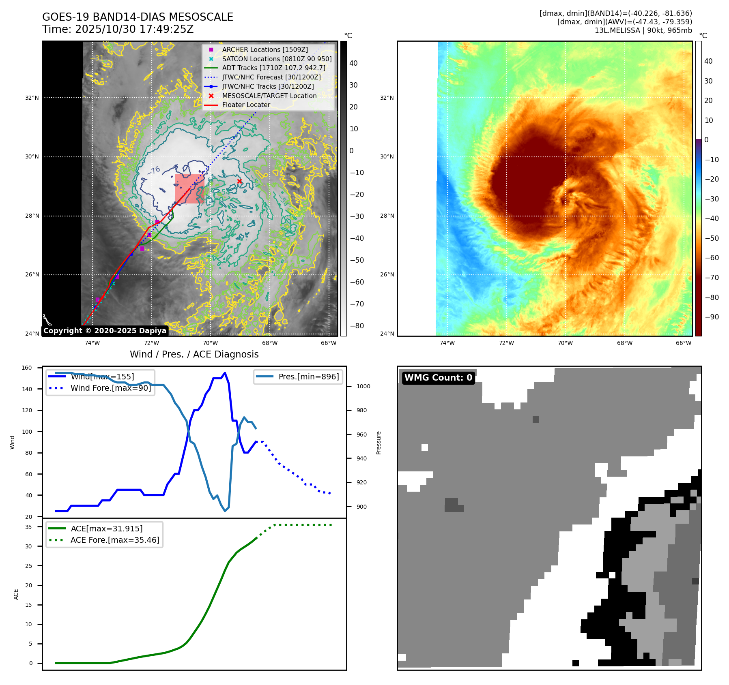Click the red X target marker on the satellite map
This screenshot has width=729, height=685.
point(239,181)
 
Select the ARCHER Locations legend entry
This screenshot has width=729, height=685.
point(265,49)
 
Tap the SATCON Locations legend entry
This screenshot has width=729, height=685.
point(277,59)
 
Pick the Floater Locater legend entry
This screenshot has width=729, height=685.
point(246,105)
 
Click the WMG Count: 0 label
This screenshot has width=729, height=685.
point(438,378)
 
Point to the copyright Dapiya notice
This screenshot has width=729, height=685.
point(105,331)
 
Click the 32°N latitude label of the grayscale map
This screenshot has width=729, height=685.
point(32,98)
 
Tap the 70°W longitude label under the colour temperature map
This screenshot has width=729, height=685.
point(565,343)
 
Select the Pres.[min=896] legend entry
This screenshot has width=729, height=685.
point(308,377)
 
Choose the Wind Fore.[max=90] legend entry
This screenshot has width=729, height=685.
point(110,388)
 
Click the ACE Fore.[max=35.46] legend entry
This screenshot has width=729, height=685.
point(115,540)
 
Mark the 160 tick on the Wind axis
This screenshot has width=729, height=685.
point(27,368)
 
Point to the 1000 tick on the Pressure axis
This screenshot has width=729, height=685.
point(363,386)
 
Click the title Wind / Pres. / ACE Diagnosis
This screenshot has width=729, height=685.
point(194,354)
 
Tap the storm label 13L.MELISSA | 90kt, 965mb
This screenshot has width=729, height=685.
point(643,30)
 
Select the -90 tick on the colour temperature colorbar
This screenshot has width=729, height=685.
point(712,317)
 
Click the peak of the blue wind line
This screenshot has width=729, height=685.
point(225,373)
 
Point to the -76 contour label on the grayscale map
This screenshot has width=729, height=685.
point(153,171)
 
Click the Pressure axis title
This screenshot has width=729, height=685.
point(378,443)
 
